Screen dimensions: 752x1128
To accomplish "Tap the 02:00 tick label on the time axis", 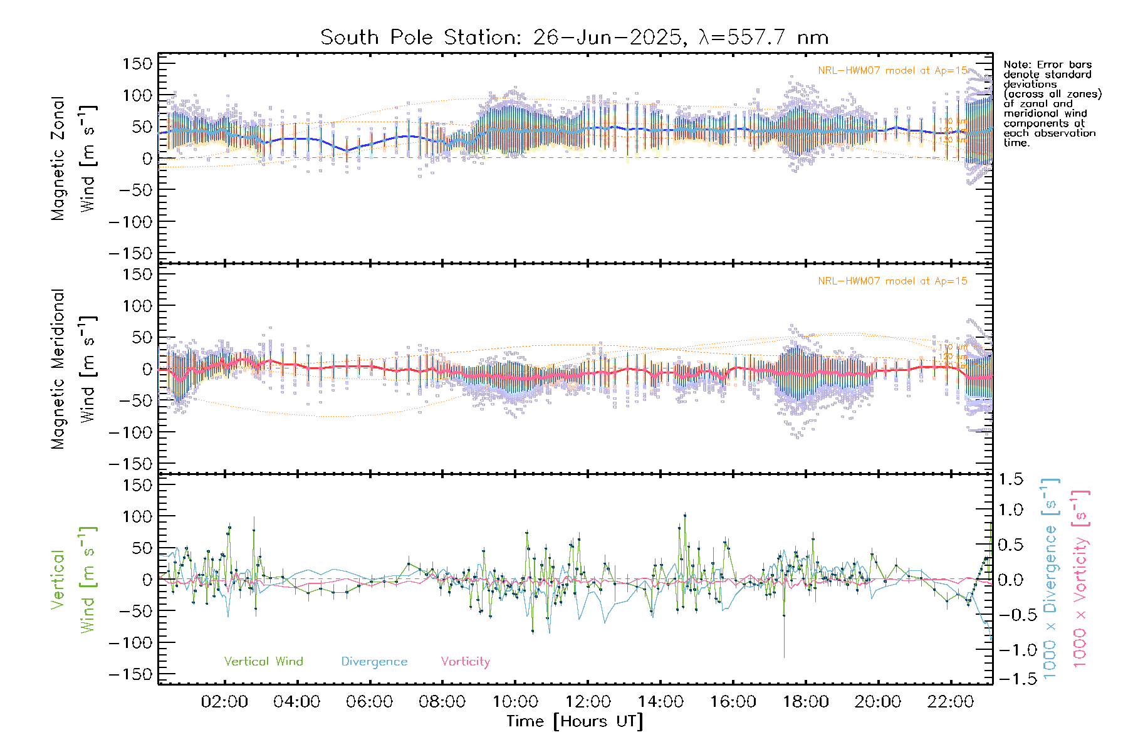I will click(x=224, y=702).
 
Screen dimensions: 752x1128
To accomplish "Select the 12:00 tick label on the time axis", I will click(x=588, y=702).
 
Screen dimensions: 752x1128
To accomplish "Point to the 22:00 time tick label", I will click(x=951, y=702).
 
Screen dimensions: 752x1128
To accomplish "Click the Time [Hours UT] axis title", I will click(x=575, y=722).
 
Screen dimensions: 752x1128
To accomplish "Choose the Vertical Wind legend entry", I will click(x=263, y=662).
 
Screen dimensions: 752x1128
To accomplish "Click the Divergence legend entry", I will click(x=374, y=662).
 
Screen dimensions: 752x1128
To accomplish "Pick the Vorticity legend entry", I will click(x=465, y=662).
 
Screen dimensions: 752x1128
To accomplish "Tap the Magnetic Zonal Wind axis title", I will click(x=73, y=159).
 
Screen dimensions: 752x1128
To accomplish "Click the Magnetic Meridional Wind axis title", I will click(x=73, y=369).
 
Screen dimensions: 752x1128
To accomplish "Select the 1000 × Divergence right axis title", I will click(x=1050, y=579).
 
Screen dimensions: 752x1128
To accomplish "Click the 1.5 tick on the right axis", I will click(x=1010, y=479).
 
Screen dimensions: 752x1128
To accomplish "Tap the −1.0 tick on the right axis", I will click(x=1010, y=650).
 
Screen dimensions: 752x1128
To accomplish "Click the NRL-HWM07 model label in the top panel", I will click(x=892, y=71).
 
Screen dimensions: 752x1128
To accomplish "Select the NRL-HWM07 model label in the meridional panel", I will click(x=892, y=281).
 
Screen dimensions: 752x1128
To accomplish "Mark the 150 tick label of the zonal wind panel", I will click(x=137, y=64).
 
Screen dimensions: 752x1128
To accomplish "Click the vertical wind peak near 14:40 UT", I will click(x=685, y=516).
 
